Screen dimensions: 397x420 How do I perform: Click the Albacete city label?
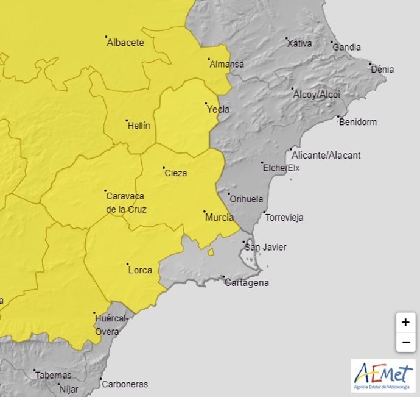[125, 43]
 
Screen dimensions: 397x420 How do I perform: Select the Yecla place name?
[219, 109]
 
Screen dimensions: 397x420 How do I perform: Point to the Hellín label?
[139, 126]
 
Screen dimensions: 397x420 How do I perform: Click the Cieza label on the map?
[176, 173]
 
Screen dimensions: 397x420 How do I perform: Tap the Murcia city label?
[220, 217]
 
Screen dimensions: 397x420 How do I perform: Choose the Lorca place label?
[141, 270]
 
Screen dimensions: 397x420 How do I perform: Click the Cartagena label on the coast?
[247, 283]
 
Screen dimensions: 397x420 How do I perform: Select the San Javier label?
[265, 247]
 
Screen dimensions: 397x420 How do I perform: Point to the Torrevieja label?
[285, 218]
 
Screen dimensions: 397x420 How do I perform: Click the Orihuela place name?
[246, 199]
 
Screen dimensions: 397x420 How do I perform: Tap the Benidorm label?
[357, 122]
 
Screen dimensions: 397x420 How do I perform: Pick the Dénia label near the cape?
[382, 70]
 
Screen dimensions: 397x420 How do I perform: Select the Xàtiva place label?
[299, 43]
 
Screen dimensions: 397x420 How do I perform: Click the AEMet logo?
[383, 376]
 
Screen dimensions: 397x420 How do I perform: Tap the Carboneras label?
[125, 384]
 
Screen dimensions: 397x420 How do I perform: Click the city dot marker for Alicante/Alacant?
[291, 149]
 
